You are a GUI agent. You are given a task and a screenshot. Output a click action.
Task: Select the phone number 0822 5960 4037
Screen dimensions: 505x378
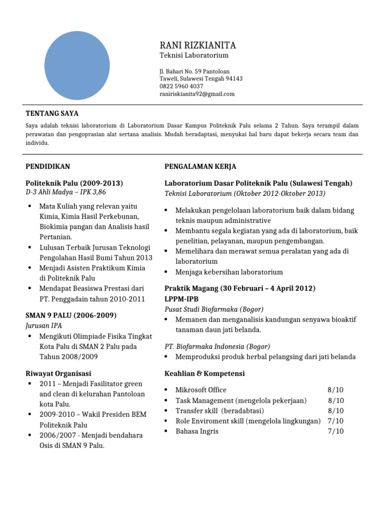click(x=181, y=86)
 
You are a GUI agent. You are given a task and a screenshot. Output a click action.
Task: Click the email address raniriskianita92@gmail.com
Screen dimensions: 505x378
click(x=197, y=94)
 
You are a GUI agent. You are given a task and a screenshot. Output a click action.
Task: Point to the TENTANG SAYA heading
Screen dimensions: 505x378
click(x=52, y=113)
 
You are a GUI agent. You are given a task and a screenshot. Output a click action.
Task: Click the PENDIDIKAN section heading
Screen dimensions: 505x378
click(x=48, y=167)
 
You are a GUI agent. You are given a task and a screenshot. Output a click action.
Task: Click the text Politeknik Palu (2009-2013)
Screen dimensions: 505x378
click(x=74, y=183)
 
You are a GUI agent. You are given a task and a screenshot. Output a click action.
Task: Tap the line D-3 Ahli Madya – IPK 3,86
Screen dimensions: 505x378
click(x=66, y=192)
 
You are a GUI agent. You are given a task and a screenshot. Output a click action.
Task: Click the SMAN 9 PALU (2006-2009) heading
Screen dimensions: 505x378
click(x=71, y=315)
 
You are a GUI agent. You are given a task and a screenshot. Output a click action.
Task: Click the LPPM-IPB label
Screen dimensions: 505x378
click(x=182, y=299)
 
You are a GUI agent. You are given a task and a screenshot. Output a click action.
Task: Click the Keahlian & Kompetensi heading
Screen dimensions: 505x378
click(x=204, y=373)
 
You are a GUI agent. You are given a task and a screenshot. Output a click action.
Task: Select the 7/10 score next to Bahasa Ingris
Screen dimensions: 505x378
click(x=336, y=431)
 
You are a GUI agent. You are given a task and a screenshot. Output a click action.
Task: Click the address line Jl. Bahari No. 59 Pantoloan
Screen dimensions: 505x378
click(x=194, y=72)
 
